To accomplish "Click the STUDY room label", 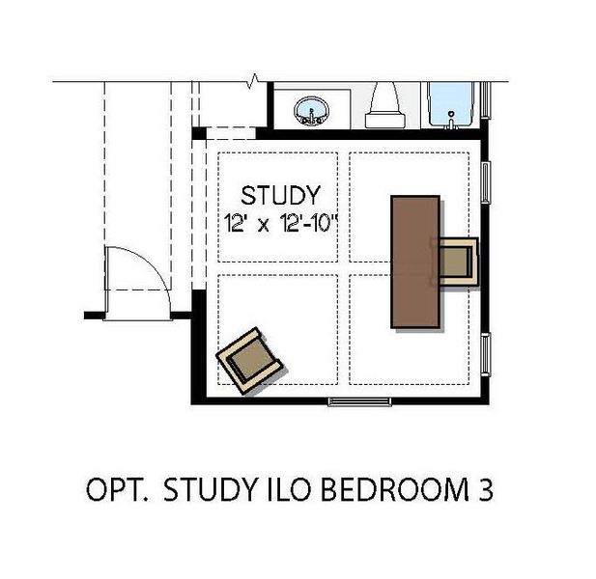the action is click(x=280, y=195).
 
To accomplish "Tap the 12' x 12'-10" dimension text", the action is click(x=280, y=223).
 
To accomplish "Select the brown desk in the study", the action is click(x=415, y=262).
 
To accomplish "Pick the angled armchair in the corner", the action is click(x=249, y=361).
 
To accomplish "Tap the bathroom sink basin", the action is click(x=312, y=110).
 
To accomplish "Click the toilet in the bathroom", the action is click(x=383, y=105).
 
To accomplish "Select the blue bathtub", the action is click(x=451, y=103).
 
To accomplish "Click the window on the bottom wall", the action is click(x=359, y=401).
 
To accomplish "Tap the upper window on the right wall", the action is click(x=486, y=181).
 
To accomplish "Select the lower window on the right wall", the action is click(x=486, y=354).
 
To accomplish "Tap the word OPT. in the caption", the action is click(x=117, y=489).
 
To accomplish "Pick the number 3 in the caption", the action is click(x=485, y=489).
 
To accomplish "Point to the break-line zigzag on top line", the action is click(x=253, y=81).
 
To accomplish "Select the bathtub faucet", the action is click(x=451, y=120).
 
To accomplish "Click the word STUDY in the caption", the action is click(x=211, y=489).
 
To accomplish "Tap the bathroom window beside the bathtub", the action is click(x=485, y=99).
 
